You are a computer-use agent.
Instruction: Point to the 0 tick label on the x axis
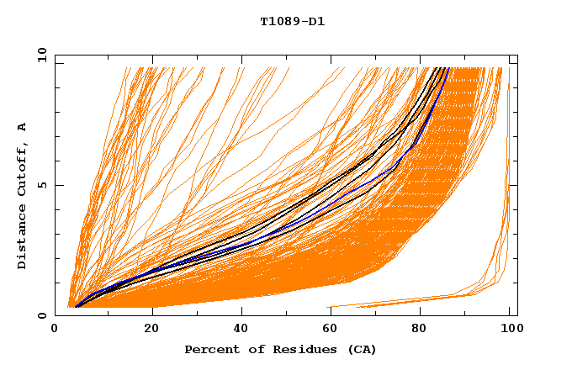point(55,329)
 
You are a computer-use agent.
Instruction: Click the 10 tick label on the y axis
point(42,55)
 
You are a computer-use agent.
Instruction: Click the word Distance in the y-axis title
point(22,236)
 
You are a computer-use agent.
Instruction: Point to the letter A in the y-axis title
point(22,126)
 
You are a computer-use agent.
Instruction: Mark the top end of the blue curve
point(448,69)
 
